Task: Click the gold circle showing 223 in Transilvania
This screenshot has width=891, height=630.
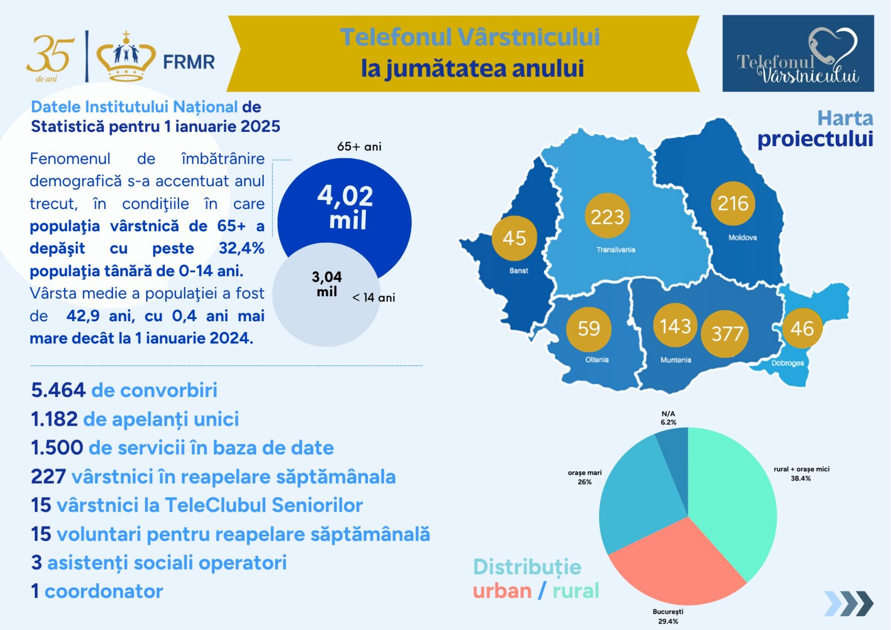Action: [607, 216]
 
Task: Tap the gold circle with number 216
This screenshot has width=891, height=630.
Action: [733, 203]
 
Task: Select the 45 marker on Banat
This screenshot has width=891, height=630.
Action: [514, 238]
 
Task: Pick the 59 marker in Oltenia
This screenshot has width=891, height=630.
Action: [588, 329]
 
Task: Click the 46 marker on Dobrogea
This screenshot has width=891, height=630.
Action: [802, 328]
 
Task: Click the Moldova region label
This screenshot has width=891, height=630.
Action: [742, 237]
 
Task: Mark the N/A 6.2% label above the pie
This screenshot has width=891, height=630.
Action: [668, 418]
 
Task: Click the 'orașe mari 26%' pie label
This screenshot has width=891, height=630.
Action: [585, 477]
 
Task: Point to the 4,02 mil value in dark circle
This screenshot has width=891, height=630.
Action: [346, 207]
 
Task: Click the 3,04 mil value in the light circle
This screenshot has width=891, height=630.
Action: [327, 284]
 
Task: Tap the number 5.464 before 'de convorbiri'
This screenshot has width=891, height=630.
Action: [58, 390]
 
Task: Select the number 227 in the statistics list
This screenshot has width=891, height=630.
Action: [48, 476]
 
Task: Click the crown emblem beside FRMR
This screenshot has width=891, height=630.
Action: [126, 56]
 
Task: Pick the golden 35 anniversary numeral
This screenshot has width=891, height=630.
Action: [50, 55]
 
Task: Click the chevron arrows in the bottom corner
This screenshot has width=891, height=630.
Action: [849, 603]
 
